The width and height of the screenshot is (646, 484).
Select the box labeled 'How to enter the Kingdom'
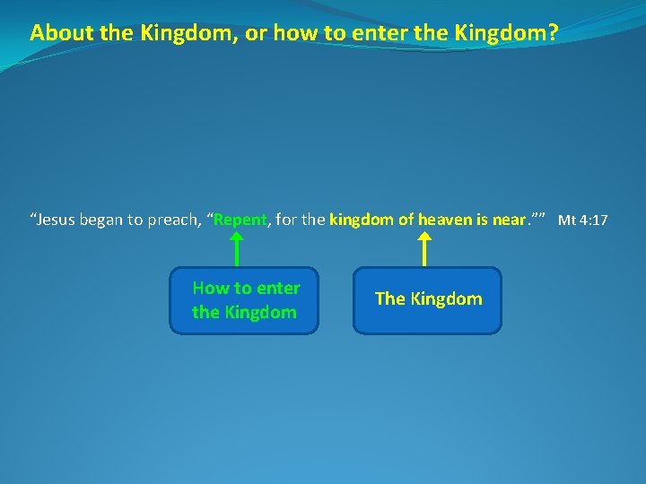tap(244, 300)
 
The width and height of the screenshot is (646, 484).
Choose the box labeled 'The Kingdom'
tap(427, 300)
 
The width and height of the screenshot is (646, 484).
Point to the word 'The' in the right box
tap(389, 299)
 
